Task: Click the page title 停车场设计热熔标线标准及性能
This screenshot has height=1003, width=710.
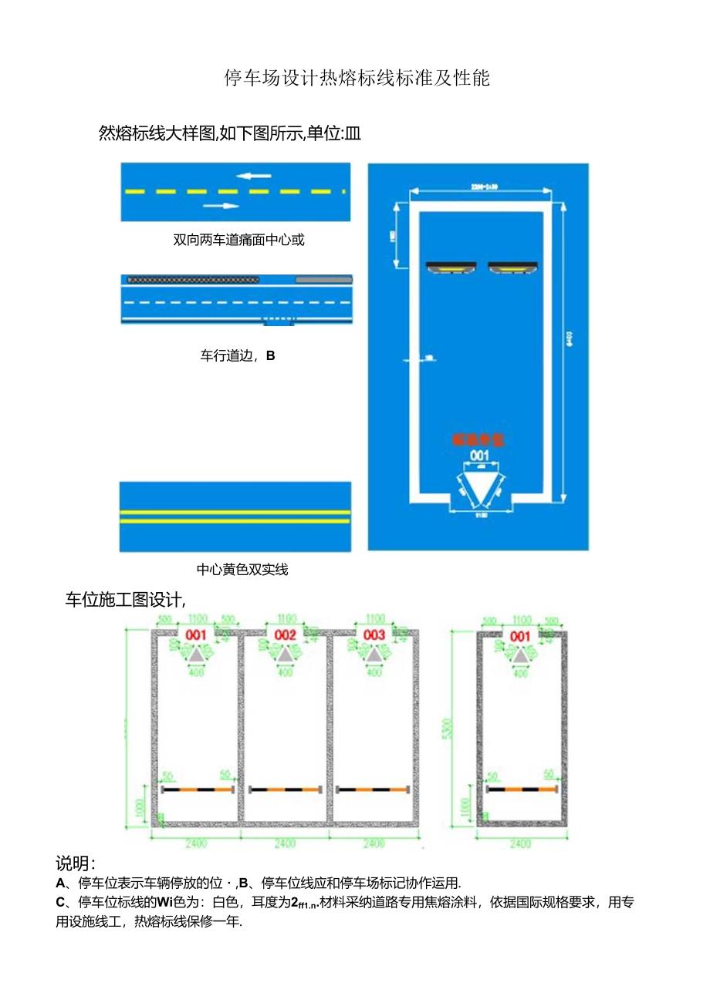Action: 357,79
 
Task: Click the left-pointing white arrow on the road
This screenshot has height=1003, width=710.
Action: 254,176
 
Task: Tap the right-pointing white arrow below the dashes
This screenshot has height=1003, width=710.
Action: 221,206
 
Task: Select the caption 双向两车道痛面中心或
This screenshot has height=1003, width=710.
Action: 238,240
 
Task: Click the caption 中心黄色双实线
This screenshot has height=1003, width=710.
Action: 242,570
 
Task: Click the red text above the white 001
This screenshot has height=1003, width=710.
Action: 478,440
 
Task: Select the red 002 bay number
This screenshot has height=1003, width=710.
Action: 286,634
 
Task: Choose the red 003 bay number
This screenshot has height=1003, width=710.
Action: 374,634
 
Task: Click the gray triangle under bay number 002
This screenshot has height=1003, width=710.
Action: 286,655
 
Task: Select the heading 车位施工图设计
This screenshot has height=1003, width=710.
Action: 125,600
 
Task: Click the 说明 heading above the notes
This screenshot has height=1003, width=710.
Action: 76,863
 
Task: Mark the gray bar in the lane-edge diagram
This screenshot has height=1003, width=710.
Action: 323,279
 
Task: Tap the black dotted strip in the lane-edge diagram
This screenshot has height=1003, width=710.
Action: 194,279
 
